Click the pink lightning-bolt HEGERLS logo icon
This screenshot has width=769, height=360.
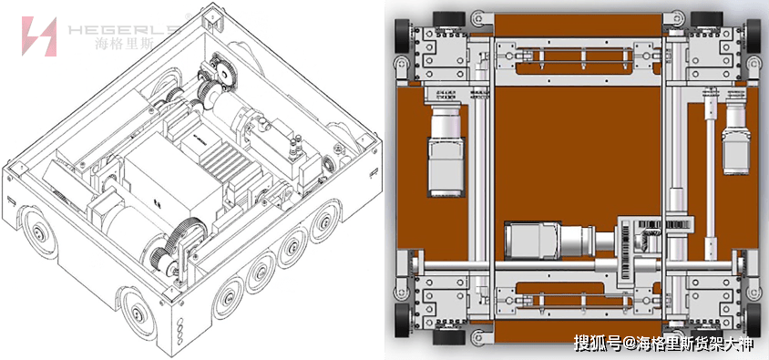coord(39,36)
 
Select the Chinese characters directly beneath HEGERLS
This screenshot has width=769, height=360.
coord(125,44)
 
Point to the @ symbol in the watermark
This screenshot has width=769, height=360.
coord(630,343)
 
